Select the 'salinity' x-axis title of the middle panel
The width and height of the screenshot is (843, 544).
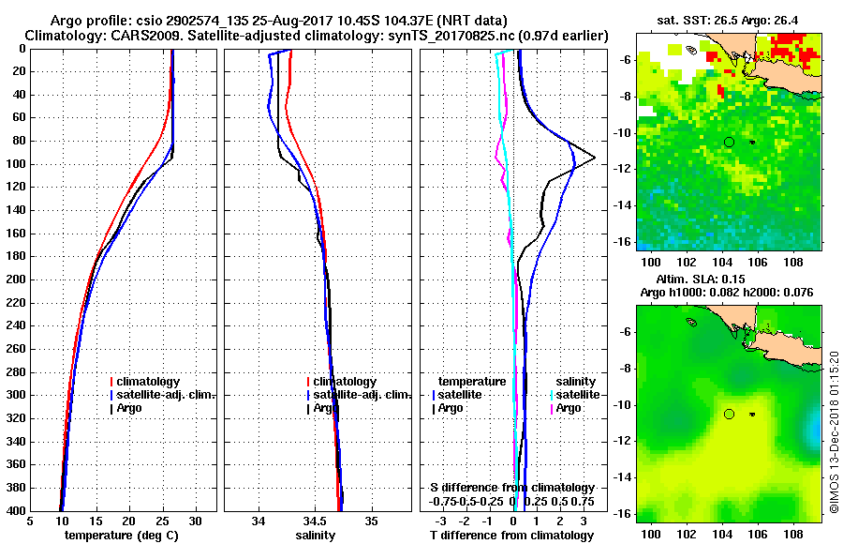pyautogui.click(x=317, y=535)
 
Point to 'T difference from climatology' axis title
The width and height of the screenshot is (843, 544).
pyautogui.click(x=511, y=535)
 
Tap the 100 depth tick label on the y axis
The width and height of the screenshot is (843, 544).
pyautogui.click(x=16, y=164)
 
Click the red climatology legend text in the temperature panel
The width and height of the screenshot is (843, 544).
pyautogui.click(x=155, y=382)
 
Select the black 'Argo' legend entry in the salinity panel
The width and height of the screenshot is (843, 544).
pyautogui.click(x=325, y=408)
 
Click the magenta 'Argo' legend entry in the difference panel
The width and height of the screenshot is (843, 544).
pyautogui.click(x=569, y=408)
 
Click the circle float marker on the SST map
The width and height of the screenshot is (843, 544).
pyautogui.click(x=729, y=142)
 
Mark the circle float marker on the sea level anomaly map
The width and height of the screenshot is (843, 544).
pyautogui.click(x=729, y=414)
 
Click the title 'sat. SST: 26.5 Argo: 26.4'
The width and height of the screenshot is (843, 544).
pyautogui.click(x=729, y=19)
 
